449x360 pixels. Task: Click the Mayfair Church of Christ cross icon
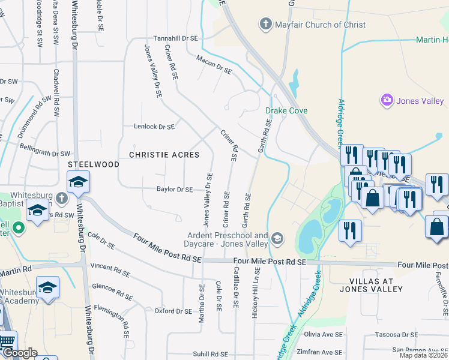pos(265,25)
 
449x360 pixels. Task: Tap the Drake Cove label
pos(287,111)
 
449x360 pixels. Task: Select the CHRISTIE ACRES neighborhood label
pos(164,155)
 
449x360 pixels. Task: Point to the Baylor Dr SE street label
pos(175,190)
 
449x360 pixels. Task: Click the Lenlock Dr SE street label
pos(154,127)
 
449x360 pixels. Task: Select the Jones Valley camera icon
pos(387,100)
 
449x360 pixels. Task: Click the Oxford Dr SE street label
pos(173,311)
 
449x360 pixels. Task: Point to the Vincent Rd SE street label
pos(109,269)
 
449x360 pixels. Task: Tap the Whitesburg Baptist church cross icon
pos(61,197)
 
